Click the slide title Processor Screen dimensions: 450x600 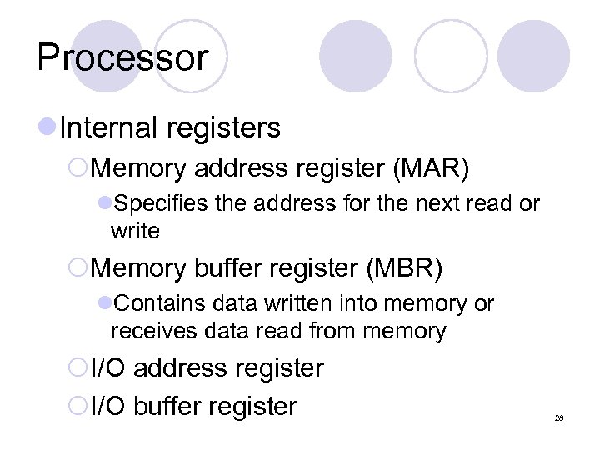122,58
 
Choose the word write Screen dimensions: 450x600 135,230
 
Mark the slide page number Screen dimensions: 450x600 558,416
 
